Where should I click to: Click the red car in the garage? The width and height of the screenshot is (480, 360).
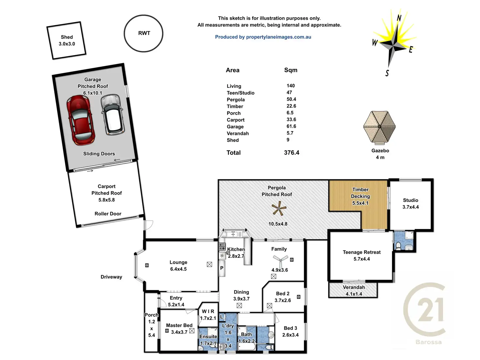click(81, 120)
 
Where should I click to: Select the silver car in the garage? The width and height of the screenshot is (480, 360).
click(112, 114)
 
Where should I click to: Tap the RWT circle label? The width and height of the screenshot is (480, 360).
click(144, 33)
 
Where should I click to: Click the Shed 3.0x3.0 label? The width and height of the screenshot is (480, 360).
click(67, 40)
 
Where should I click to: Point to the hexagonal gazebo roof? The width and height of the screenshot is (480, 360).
click(380, 127)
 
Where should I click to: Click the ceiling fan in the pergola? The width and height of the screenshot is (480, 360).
click(278, 209)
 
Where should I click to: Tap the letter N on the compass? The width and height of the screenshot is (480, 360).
click(399, 18)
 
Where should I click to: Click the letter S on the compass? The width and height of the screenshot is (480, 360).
click(387, 73)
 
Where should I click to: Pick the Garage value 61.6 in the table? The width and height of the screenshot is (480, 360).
click(291, 126)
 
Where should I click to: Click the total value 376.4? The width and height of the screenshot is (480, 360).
click(292, 153)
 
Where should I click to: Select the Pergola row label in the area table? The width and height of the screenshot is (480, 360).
click(236, 100)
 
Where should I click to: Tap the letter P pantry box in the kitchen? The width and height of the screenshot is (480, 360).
click(222, 268)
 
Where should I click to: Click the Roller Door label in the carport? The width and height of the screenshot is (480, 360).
click(108, 214)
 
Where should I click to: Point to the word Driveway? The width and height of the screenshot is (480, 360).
click(111, 277)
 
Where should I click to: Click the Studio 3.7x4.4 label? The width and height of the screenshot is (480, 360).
click(411, 203)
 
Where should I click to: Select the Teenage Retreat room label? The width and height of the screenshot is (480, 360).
click(362, 252)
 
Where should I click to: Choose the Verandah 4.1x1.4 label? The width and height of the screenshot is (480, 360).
click(354, 291)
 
